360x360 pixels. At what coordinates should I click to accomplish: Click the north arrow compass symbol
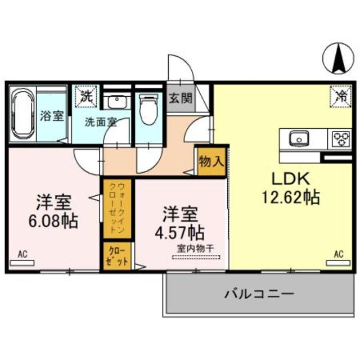pos(338,58)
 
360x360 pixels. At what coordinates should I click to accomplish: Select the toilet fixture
pos(148,109)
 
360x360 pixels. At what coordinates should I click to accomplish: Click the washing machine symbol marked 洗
pos(86,97)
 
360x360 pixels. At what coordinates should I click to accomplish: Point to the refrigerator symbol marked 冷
pos(341,96)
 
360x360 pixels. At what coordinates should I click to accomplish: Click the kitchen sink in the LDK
pos(299,139)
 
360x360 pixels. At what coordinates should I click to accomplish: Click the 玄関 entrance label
pos(181,98)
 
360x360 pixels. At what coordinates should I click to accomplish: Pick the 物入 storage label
pos(211,161)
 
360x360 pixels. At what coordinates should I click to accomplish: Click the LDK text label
pos(291,179)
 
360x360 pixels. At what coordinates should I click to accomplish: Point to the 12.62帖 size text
pos(291,197)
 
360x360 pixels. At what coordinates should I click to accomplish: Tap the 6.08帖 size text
pos(53,220)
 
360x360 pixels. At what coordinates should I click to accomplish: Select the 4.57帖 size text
pos(180,232)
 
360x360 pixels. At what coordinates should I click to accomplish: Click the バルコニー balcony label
pos(259,294)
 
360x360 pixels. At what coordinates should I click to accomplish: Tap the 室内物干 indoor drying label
pos(196,249)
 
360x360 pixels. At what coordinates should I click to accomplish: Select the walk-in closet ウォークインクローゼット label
pos(117,208)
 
